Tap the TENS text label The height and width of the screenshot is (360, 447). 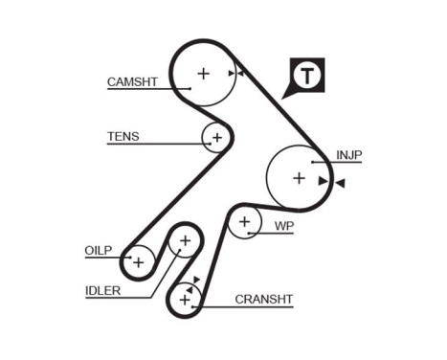coord(123,136)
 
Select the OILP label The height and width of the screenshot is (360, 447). coord(99,251)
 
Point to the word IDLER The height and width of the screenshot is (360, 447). coord(102,290)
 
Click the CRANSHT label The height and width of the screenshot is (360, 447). coord(264,300)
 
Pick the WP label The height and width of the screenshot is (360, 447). coord(283,226)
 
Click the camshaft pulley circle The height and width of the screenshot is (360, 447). coord(203,73)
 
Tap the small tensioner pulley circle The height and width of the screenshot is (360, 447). coord(216,138)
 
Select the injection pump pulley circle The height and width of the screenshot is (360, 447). coord(299,177)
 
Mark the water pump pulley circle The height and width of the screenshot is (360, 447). coord(246,223)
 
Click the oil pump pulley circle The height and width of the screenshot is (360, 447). coord(139,260)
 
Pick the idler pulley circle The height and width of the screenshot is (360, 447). coord(185,240)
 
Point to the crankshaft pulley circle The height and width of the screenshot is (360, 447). coord(184,301)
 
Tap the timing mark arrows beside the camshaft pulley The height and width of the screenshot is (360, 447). coord(235,73)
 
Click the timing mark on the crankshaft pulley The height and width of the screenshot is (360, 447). coord(194,282)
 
